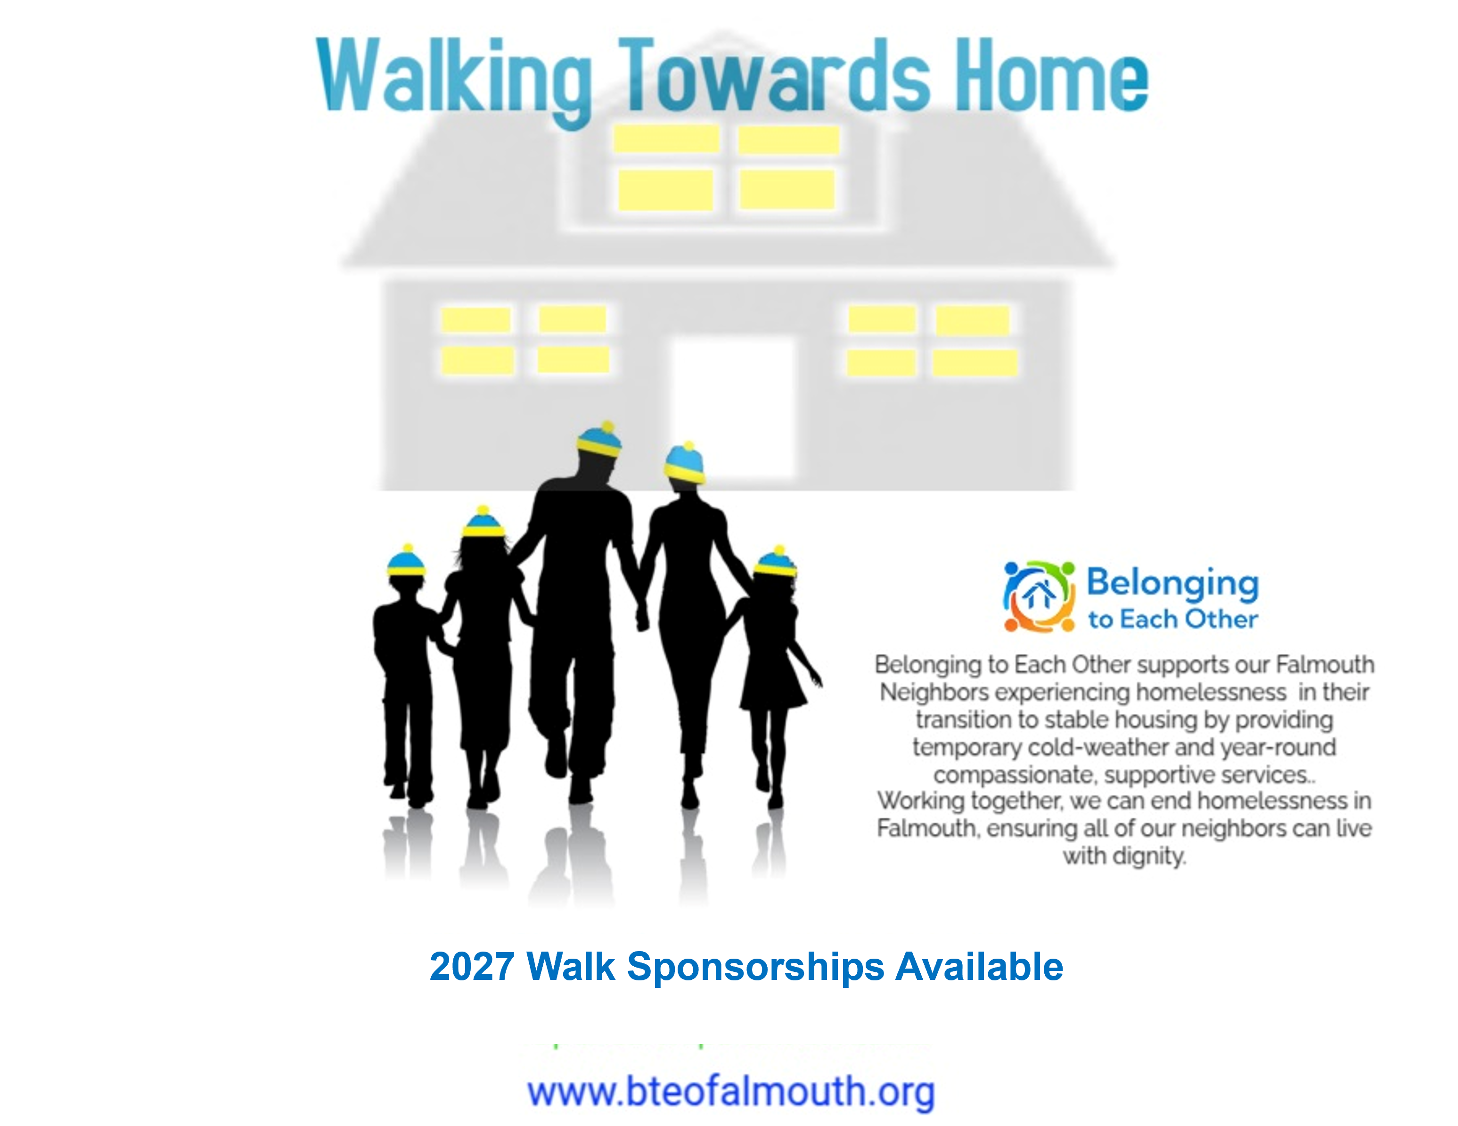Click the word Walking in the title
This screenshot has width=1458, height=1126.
click(x=454, y=80)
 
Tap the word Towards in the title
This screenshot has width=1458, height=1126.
click(x=774, y=75)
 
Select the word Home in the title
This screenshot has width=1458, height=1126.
click(x=1051, y=75)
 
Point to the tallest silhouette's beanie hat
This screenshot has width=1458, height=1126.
click(x=599, y=439)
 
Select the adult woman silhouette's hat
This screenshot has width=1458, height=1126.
click(x=685, y=462)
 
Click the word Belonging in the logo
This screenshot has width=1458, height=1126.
click(x=1173, y=583)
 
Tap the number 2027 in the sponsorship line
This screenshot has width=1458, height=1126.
click(x=471, y=966)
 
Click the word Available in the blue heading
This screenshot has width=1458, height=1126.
click(x=979, y=966)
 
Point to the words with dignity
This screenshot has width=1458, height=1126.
click(x=1124, y=855)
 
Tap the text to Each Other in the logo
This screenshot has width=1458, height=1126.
click(x=1173, y=619)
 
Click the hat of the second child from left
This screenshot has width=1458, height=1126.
click(x=483, y=522)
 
